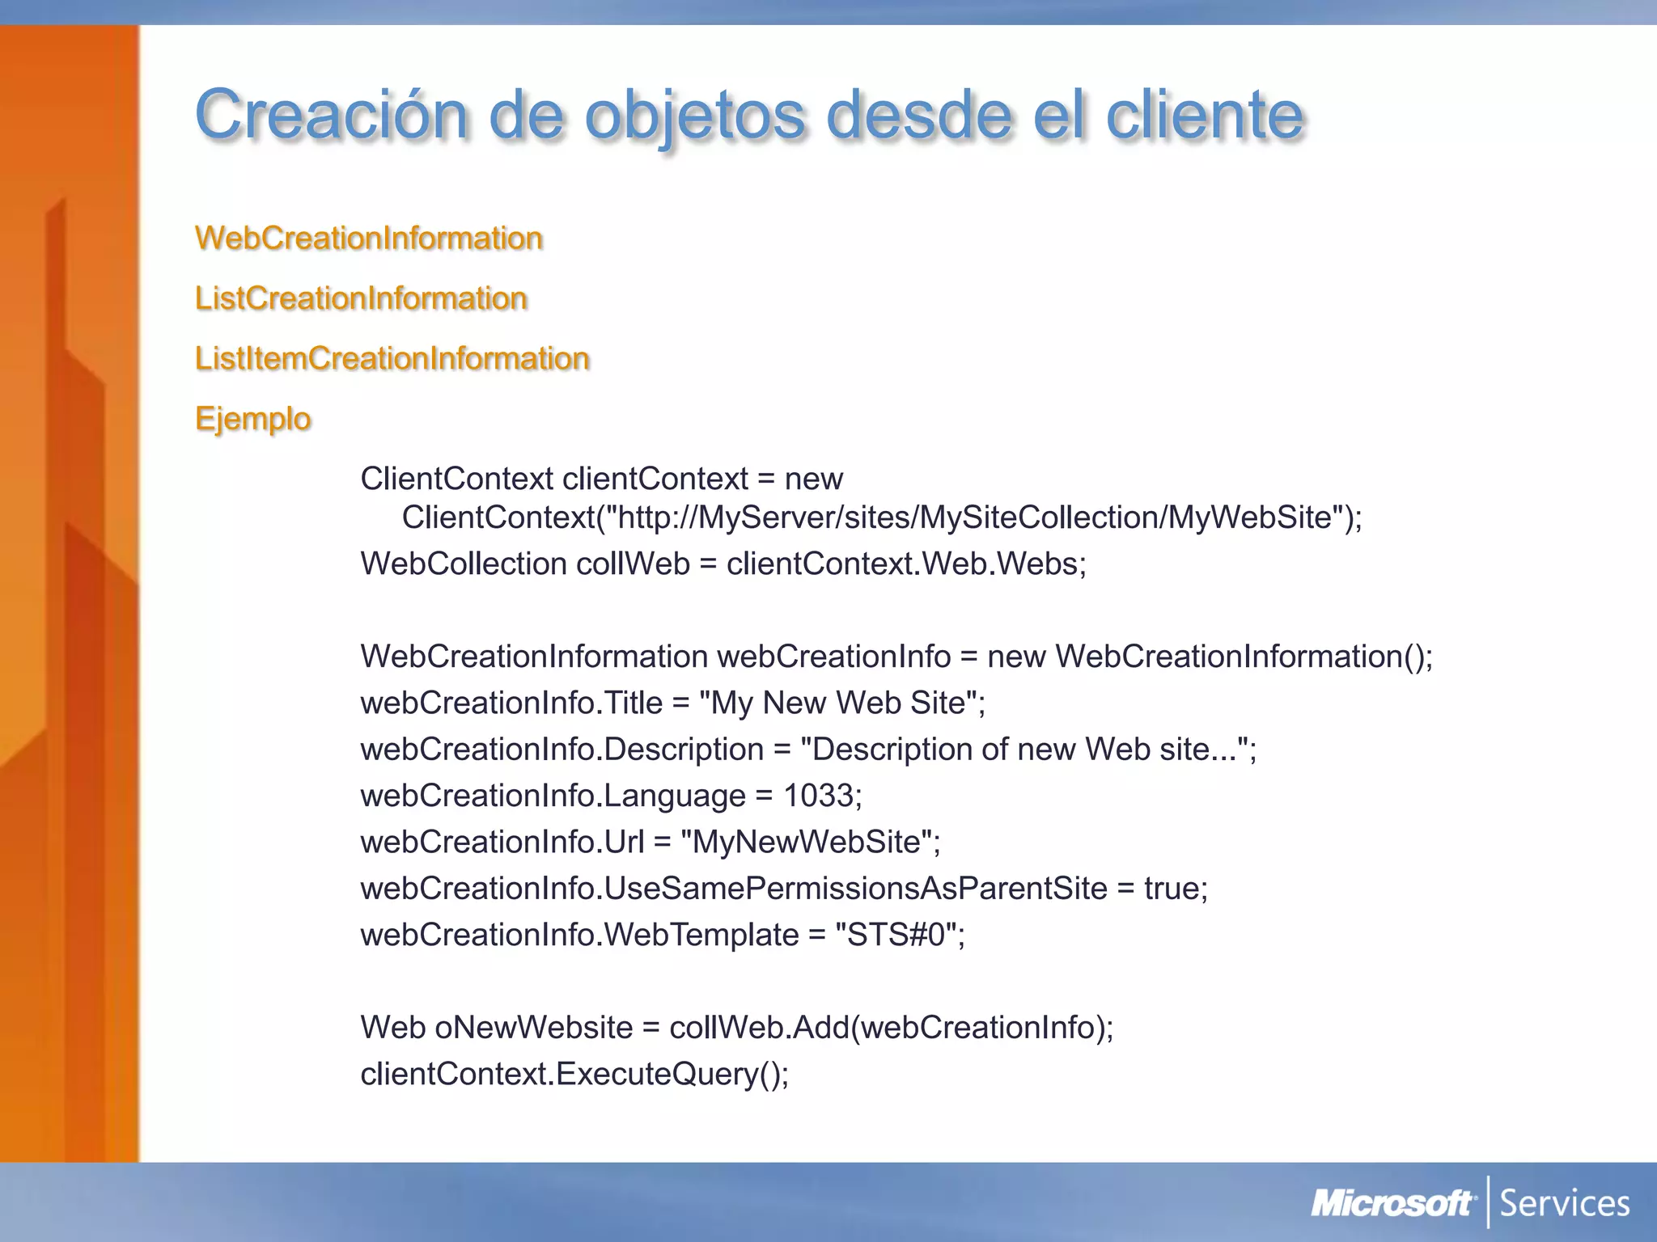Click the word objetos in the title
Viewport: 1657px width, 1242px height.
click(695, 115)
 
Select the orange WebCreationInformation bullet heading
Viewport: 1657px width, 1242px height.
click(369, 238)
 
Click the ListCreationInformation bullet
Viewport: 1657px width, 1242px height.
click(361, 298)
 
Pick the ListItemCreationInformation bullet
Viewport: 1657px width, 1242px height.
click(392, 358)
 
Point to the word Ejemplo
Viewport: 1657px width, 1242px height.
click(253, 419)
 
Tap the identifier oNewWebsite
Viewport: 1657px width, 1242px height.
click(533, 1028)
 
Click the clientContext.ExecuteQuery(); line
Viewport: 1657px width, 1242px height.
click(574, 1074)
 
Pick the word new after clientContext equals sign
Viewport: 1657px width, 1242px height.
click(813, 479)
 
